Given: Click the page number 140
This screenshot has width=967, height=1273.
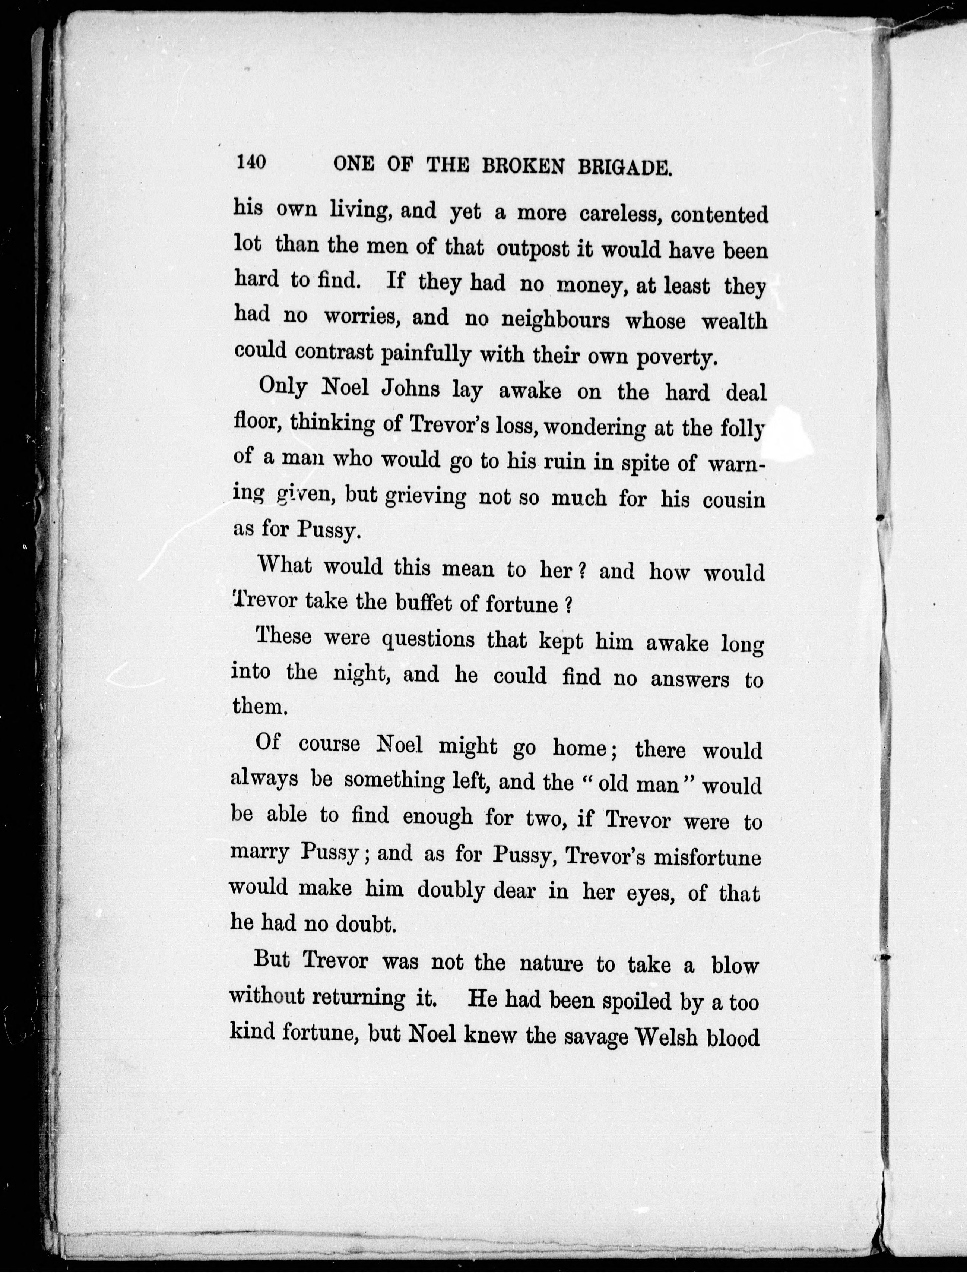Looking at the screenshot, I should pyautogui.click(x=250, y=162).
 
